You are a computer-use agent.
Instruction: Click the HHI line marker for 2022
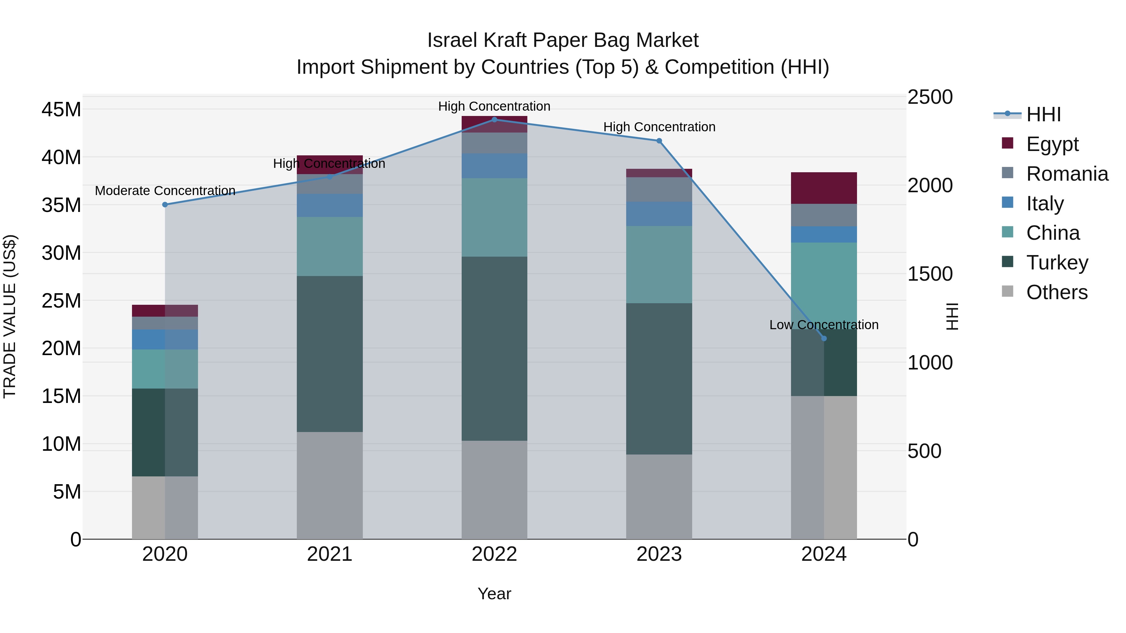pyautogui.click(x=495, y=119)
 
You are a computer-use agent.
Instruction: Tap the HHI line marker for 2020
pyautogui.click(x=165, y=204)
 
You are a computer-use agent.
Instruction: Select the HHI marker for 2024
pyautogui.click(x=824, y=338)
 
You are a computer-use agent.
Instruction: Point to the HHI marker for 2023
pyautogui.click(x=659, y=141)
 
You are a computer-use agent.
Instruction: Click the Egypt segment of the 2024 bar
pyautogui.click(x=824, y=188)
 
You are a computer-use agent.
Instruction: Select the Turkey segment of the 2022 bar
pyautogui.click(x=495, y=348)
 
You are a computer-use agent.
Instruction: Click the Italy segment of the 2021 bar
pyautogui.click(x=330, y=205)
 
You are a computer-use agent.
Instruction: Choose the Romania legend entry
pyautogui.click(x=1067, y=174)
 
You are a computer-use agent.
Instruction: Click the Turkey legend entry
pyautogui.click(x=1057, y=263)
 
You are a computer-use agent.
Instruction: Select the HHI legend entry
pyautogui.click(x=1043, y=114)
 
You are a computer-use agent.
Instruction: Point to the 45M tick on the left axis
pyautogui.click(x=61, y=109)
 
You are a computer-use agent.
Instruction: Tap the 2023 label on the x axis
pyautogui.click(x=659, y=554)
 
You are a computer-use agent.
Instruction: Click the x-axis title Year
pyautogui.click(x=495, y=594)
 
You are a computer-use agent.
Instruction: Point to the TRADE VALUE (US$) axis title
pyautogui.click(x=10, y=316)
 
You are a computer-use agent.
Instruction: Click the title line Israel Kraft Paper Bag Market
pyautogui.click(x=563, y=40)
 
